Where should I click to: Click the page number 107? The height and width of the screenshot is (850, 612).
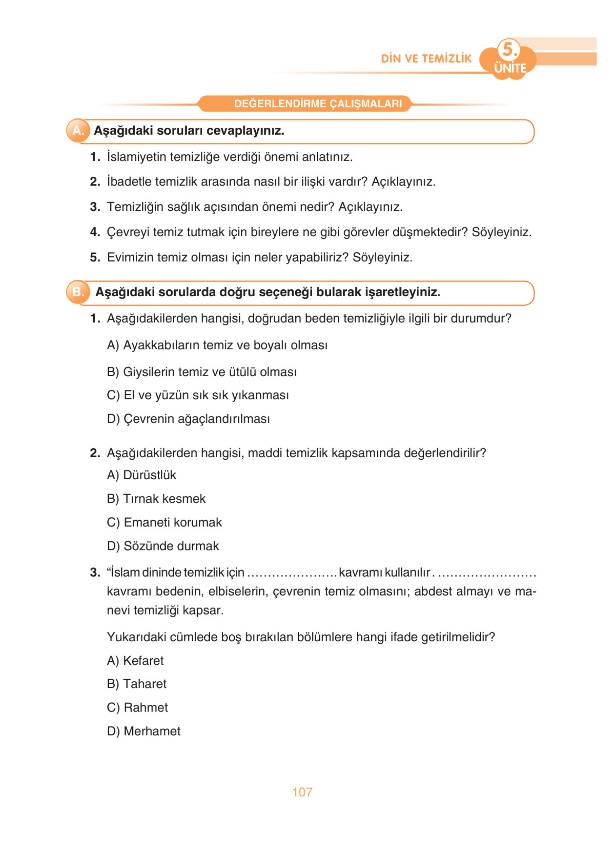(302, 792)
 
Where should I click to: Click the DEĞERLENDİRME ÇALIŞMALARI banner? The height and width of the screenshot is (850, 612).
(318, 103)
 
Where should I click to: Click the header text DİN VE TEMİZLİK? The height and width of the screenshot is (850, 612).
(426, 59)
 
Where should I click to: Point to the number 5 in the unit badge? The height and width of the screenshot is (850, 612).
(509, 49)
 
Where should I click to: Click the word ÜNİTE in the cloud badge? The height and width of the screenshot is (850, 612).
(510, 68)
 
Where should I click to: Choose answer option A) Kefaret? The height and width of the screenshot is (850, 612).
(135, 660)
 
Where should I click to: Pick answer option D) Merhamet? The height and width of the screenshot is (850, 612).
(143, 731)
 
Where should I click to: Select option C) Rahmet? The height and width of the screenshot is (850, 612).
(137, 707)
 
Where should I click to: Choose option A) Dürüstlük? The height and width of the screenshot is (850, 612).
(142, 475)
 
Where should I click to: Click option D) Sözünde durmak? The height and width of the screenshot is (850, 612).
(163, 546)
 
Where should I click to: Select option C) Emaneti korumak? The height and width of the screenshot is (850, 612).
(164, 522)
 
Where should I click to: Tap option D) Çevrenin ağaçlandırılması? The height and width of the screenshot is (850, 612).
(188, 419)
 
